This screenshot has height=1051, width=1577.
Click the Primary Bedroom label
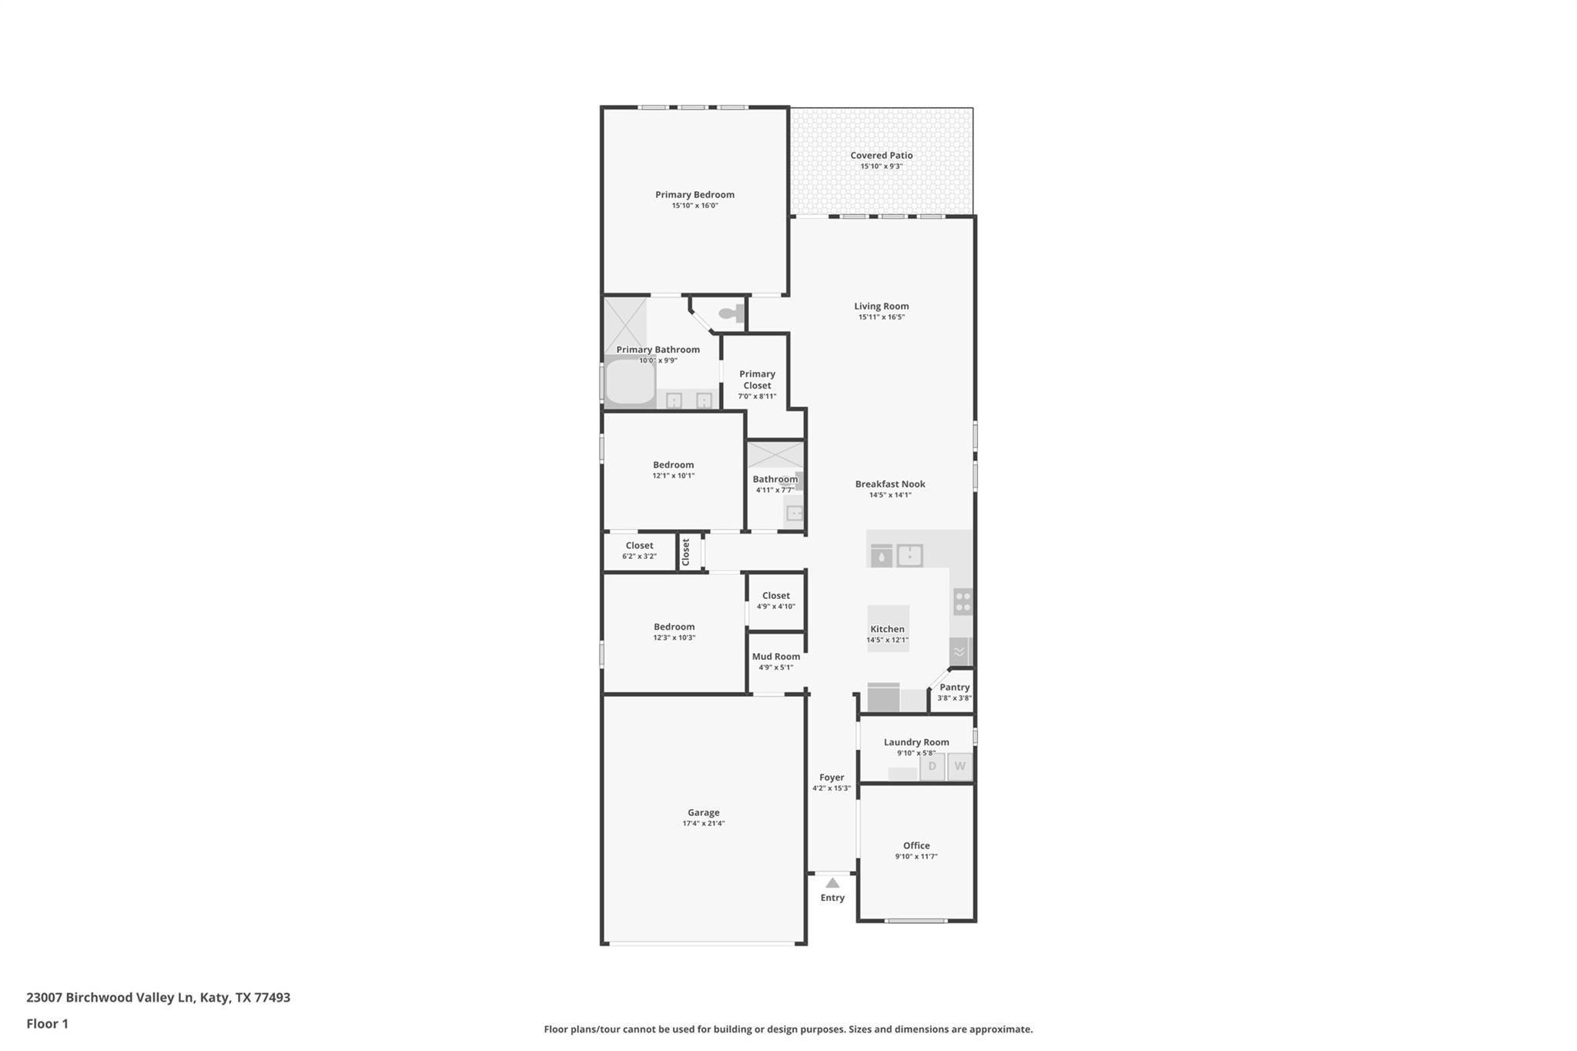[695, 195]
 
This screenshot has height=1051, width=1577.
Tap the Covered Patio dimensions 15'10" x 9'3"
[881, 166]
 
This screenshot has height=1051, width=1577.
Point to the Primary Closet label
[757, 380]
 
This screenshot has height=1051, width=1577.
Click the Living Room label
[881, 306]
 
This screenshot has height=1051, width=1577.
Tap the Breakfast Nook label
[889, 484]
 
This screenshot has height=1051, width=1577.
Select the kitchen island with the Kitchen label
[888, 629]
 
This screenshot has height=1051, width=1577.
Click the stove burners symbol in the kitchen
[963, 601]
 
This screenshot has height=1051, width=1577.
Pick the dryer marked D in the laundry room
[932, 767]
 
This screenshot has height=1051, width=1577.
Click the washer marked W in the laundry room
[959, 767]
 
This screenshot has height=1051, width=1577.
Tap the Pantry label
[954, 688]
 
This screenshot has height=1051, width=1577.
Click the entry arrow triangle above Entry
[832, 883]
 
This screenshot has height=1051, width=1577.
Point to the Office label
[916, 845]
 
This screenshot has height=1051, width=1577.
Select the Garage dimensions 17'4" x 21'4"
[703, 824]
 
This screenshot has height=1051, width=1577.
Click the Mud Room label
[775, 657]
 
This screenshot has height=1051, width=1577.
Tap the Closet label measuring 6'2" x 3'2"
[639, 546]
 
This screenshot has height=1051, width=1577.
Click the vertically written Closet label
[686, 552]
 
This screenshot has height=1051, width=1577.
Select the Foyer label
[832, 778]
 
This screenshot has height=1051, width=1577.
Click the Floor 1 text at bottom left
[48, 1024]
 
